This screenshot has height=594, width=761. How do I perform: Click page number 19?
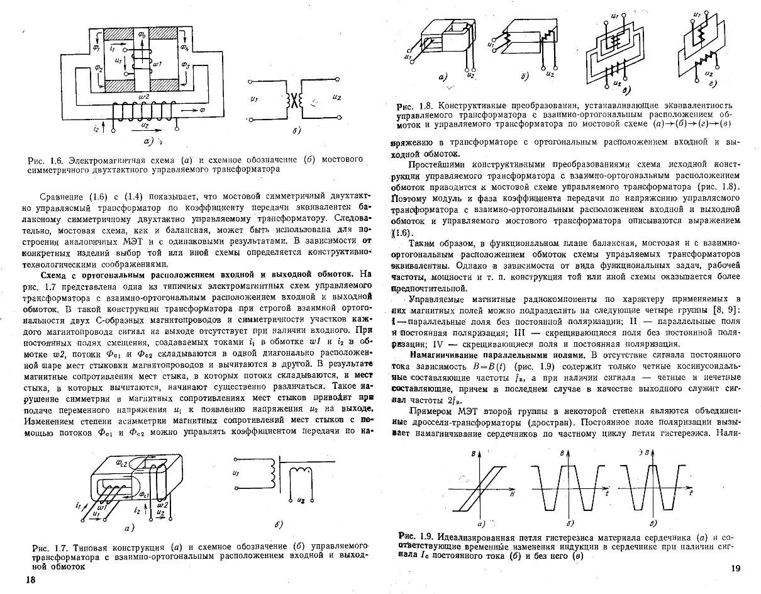coord(737,569)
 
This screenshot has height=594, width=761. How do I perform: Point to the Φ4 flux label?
coord(184,47)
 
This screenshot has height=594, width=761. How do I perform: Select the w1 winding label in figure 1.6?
coord(158,64)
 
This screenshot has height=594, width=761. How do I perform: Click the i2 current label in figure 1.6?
coord(97,128)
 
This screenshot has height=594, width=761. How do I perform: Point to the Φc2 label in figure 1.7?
coord(121,463)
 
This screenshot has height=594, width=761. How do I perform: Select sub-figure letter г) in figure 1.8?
coord(710,82)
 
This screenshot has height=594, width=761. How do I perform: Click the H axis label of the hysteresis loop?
coord(514,495)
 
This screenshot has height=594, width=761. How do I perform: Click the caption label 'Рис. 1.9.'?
coord(416,537)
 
